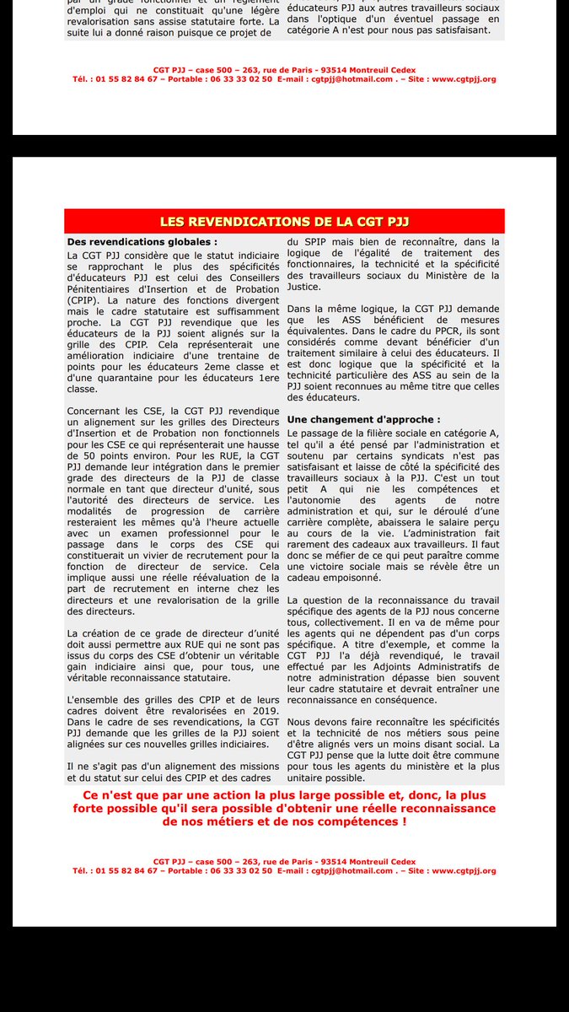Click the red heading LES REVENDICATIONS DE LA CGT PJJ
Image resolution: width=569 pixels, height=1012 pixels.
(284, 222)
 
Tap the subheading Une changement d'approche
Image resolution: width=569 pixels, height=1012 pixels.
(363, 419)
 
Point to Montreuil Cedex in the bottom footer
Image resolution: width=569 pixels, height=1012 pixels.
(378, 860)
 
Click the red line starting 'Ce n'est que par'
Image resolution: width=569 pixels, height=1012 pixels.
(284, 795)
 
